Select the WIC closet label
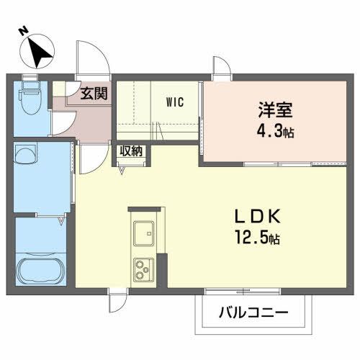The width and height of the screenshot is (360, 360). pos(175,102)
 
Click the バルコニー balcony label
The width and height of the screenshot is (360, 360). pos(254,314)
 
